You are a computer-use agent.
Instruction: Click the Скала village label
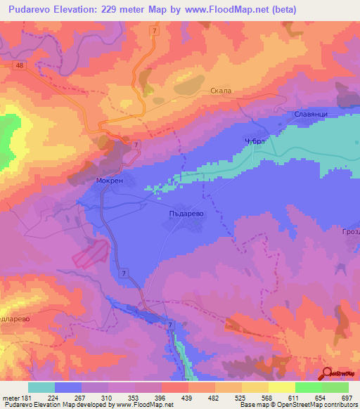pos(220,91)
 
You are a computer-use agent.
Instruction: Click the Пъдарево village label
pos(188,209)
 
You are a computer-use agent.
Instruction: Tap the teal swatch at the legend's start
pos(41,387)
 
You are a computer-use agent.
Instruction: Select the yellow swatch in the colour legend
pos(282,387)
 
